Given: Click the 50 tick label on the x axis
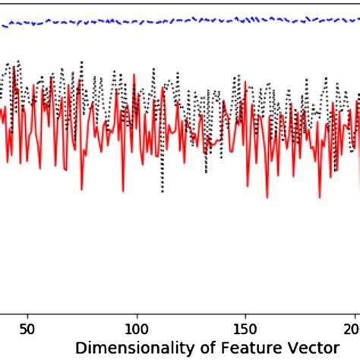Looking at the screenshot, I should click(x=28, y=321).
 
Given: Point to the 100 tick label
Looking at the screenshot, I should click(x=137, y=321).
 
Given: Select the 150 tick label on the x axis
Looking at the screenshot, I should click(x=245, y=321).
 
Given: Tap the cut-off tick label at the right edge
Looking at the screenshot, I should click(x=355, y=321).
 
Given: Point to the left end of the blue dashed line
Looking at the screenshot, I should click(x=2, y=26).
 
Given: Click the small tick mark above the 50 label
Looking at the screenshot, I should click(x=28, y=306).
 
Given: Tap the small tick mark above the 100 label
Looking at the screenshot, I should click(x=137, y=306).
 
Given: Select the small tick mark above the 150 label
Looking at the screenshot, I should click(x=245, y=306).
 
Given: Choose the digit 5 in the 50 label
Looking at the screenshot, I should click(x=24, y=321).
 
